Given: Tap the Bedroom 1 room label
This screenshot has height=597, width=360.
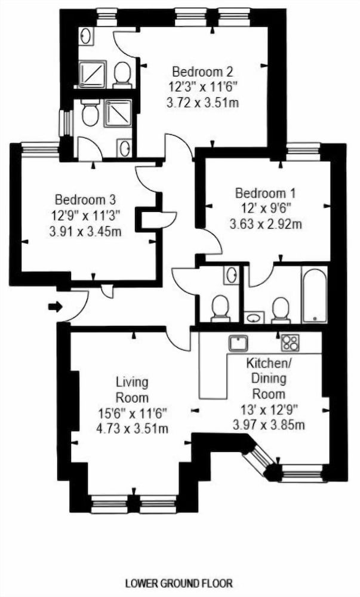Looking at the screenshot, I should coord(265,193).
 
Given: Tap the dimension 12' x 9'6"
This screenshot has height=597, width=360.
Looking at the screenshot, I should coord(266,210).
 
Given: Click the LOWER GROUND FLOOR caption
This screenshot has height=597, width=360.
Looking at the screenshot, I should coord(179,583).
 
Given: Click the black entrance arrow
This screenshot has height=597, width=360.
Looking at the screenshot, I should coord(54,307).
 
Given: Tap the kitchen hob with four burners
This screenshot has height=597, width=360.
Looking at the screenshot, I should coord(291,343).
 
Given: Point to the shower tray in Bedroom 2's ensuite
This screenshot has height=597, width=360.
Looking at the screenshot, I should coord(91,74).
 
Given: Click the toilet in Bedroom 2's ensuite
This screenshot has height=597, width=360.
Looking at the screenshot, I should coord(123,75).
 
